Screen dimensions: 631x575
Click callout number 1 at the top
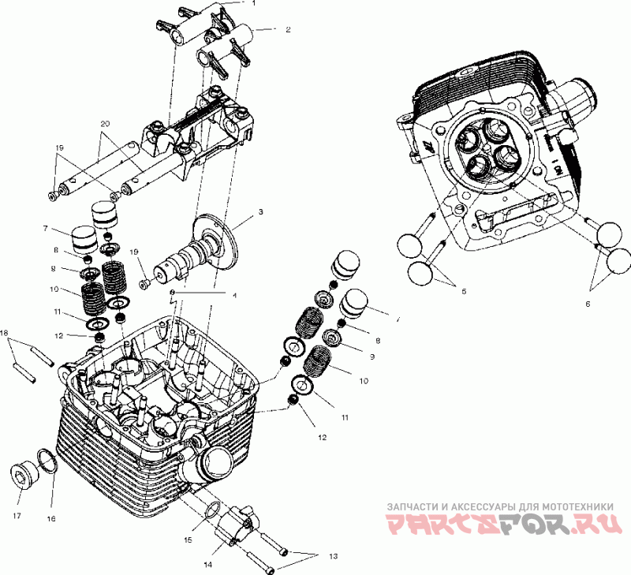pos(254,3)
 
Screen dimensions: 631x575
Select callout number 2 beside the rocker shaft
pos(289,29)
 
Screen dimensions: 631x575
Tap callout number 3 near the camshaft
pos(260,213)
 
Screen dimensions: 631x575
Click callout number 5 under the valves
pos(464,292)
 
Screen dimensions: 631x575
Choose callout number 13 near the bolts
pos(333,557)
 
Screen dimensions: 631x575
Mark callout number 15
pos(188,540)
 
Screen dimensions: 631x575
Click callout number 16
pos(51,519)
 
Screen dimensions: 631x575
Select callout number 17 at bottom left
pos(17,517)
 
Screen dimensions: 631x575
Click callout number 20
pos(104,125)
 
